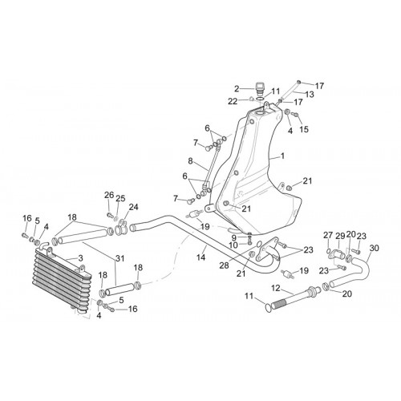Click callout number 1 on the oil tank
pyautogui.click(x=282, y=156)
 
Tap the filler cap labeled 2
pyautogui.click(x=258, y=88)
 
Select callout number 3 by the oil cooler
pyautogui.click(x=80, y=258)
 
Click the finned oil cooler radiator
pyautogui.click(x=63, y=279)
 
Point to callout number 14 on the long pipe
pyautogui.click(x=200, y=257)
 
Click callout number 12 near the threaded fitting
pyautogui.click(x=276, y=288)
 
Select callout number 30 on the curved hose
pyautogui.click(x=375, y=248)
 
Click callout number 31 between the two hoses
pyautogui.click(x=120, y=258)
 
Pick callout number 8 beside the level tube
pyautogui.click(x=190, y=161)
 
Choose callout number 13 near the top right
pyautogui.click(x=310, y=95)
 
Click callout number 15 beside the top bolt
pyautogui.click(x=304, y=129)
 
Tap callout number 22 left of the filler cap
pyautogui.click(x=233, y=102)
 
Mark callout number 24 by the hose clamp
pyautogui.click(x=133, y=207)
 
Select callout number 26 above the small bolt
pyautogui.click(x=109, y=195)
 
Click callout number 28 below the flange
pyautogui.click(x=224, y=265)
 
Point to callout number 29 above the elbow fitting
pyautogui.click(x=340, y=237)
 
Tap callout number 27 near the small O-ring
pyautogui.click(x=328, y=236)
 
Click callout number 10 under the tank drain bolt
pyautogui.click(x=233, y=245)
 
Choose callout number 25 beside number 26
pyautogui.click(x=120, y=198)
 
